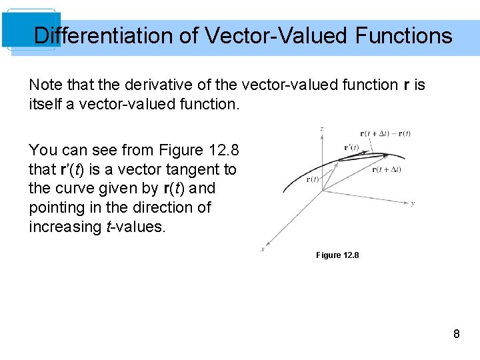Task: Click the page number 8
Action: point(456,334)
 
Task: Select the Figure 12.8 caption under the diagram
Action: point(337,255)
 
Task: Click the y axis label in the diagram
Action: point(413,203)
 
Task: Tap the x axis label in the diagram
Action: point(262,249)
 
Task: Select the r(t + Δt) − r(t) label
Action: point(385,133)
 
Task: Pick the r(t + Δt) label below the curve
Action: point(387,169)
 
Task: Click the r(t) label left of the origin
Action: point(312,179)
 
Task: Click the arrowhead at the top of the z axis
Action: point(323,136)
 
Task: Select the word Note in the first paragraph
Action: point(43,85)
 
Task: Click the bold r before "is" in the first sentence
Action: point(407,85)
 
